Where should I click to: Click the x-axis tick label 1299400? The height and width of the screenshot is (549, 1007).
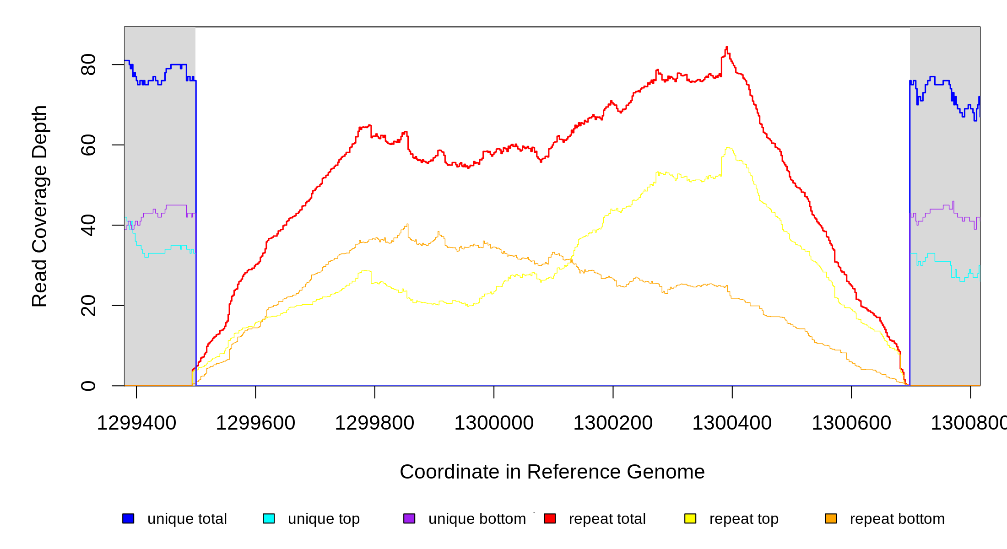coord(136,423)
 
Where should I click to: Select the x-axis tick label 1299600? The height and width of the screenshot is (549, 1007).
coord(255,423)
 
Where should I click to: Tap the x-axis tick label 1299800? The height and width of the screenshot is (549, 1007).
coord(374,423)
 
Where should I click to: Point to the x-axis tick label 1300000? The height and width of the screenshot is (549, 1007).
coord(494,423)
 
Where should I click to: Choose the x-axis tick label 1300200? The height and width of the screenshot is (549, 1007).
coord(613,423)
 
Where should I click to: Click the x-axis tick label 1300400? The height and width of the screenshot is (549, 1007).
coord(732,423)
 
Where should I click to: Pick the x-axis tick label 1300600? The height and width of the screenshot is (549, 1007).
coord(851,423)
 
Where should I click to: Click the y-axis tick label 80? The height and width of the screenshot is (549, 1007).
coord(88,65)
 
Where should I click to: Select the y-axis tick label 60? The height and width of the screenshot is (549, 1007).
coord(88,145)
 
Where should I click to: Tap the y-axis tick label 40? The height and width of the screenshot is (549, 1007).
coord(88,225)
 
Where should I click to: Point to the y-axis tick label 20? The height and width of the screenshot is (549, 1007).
coord(88,306)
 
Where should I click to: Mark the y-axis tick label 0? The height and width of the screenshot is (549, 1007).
coord(88,386)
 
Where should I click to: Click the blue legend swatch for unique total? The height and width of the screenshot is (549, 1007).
coord(128,518)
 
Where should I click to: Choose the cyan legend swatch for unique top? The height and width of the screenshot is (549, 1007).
coord(269,518)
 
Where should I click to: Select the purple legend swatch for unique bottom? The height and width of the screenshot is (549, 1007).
coord(409,518)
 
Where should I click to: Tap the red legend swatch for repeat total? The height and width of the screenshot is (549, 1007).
coord(550,518)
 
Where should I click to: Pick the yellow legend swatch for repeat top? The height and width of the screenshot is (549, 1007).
coord(690,518)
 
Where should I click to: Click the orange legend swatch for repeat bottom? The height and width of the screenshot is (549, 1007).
coord(831,518)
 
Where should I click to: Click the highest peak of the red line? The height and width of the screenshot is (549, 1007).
coord(727,47)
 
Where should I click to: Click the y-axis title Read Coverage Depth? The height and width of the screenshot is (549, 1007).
coord(40,206)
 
